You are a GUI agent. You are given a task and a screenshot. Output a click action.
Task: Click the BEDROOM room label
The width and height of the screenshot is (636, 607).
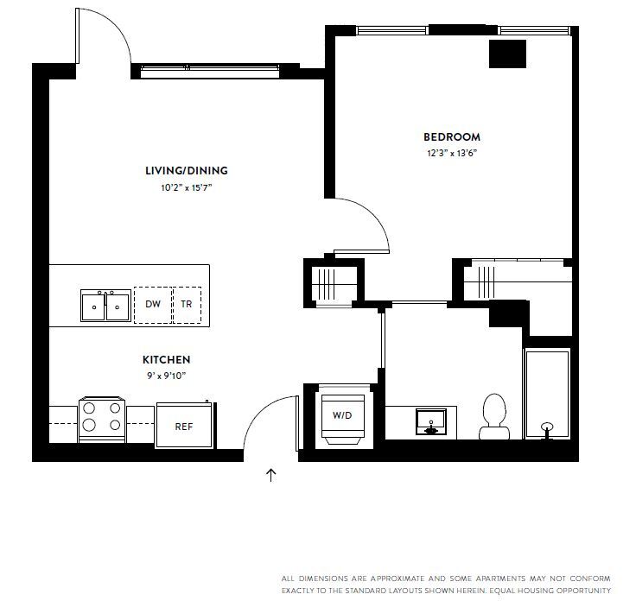coord(451,136)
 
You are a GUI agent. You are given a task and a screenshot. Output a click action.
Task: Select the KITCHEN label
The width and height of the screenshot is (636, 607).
coord(166,359)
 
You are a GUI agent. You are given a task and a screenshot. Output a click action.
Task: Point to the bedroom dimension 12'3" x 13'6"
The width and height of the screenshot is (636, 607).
coord(451,154)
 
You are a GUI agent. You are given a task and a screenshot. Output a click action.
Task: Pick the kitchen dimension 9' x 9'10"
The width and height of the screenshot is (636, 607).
coord(166,375)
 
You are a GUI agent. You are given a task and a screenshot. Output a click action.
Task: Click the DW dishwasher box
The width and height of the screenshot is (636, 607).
coord(153,305)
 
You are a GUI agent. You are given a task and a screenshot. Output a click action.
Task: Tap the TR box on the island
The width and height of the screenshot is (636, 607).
coord(187,305)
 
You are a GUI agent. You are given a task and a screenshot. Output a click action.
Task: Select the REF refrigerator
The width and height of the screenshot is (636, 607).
coord(184,426)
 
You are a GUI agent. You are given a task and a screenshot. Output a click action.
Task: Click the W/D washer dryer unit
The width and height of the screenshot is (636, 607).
coord(343,416)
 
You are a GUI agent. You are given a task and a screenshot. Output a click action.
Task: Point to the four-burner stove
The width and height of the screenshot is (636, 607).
coord(103,419)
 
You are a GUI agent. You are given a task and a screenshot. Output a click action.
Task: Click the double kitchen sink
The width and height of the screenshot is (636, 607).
coord(105,306)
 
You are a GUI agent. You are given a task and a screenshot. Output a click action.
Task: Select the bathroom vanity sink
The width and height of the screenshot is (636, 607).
coord(430,423)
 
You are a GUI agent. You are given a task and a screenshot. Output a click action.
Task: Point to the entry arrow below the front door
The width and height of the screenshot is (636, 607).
coord(271,474)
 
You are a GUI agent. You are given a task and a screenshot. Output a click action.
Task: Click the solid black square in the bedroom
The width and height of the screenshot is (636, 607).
coord(507,54)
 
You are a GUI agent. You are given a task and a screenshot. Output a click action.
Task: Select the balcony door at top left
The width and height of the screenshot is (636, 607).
coord(102,39)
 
